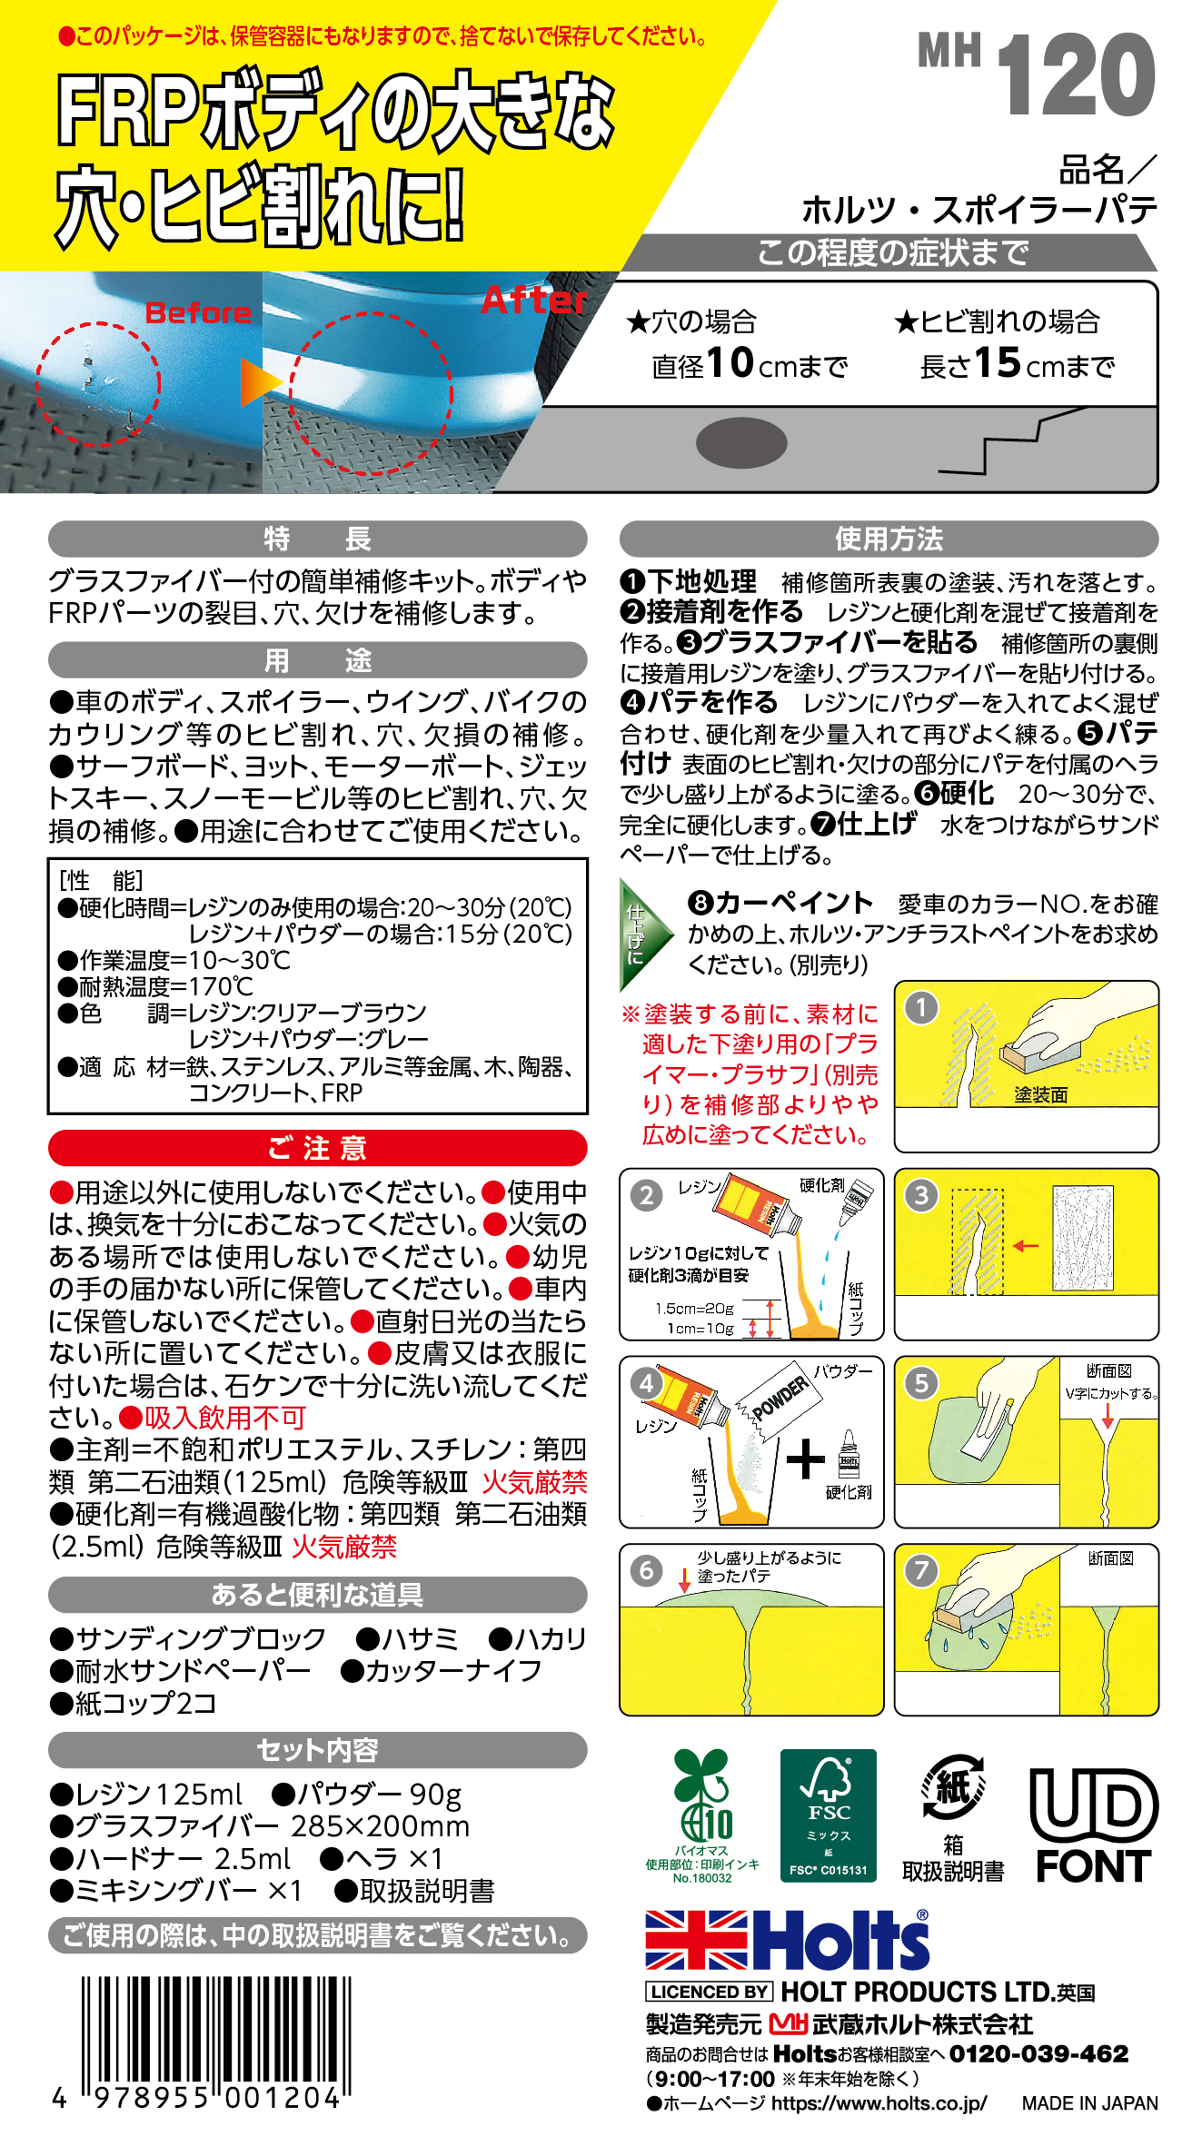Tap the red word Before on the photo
click(198, 312)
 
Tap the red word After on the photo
click(535, 300)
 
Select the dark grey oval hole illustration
click(741, 443)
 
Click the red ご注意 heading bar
click(317, 1148)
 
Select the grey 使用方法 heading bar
click(889, 539)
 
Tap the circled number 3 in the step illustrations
click(921, 1195)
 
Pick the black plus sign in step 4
click(805, 1460)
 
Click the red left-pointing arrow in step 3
click(1026, 1245)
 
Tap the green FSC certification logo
click(828, 1815)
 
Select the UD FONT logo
click(1094, 1825)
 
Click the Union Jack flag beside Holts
click(696, 1940)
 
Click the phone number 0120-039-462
click(1038, 2054)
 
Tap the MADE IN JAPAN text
click(1089, 2103)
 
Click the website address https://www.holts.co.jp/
click(879, 2103)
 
